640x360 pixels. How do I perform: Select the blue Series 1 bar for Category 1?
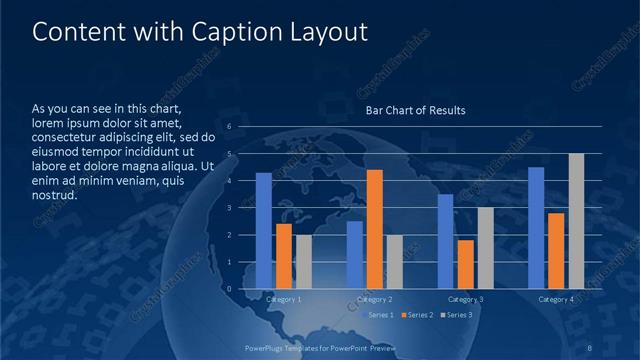click(264, 231)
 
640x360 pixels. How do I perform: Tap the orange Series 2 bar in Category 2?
click(375, 229)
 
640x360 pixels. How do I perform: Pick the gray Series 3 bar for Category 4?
click(576, 221)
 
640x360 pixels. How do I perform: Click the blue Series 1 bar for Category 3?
click(446, 241)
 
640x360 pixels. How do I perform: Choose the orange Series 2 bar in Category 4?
click(556, 251)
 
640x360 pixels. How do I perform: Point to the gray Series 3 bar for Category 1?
click(304, 262)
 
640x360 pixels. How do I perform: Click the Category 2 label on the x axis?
click(375, 299)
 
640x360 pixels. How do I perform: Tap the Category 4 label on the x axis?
click(556, 299)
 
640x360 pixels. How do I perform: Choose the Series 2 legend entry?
click(417, 315)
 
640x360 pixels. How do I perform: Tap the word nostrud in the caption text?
click(55, 194)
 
